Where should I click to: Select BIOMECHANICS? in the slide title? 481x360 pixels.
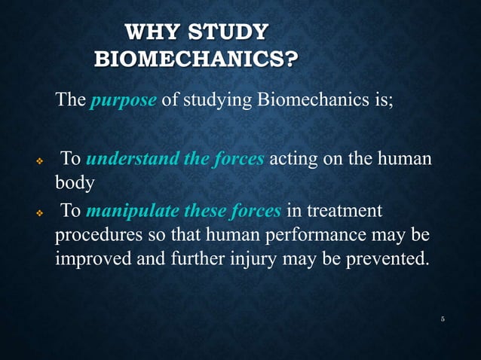coord(195,58)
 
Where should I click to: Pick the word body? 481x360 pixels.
coord(72,183)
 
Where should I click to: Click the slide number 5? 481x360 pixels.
coord(443,319)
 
